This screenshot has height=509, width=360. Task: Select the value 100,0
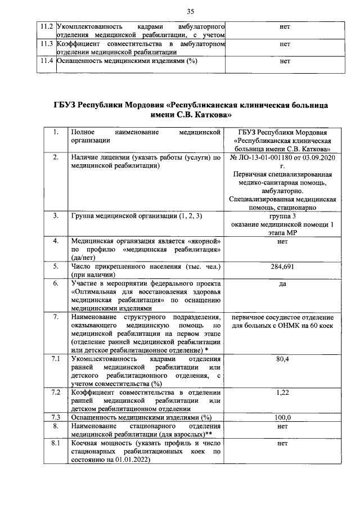coord(283,417)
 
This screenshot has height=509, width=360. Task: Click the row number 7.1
coord(55,359)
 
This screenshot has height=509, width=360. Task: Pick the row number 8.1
coord(55,443)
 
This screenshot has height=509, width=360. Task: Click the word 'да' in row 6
coord(283,283)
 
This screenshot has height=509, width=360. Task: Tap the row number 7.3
coord(55,417)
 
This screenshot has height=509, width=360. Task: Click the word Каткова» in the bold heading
coord(211,116)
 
